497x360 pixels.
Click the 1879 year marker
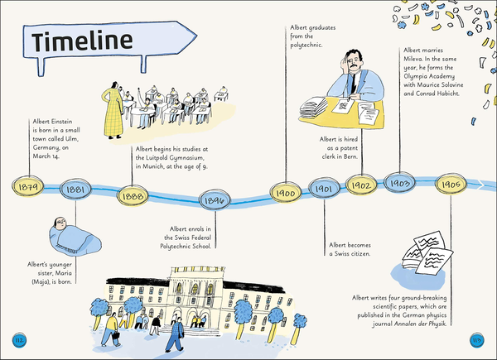(28, 186)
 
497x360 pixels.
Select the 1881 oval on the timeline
(75, 189)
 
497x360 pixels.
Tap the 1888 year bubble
(133, 196)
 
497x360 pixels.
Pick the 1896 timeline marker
(215, 199)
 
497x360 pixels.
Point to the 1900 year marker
(286, 193)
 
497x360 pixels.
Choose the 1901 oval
(324, 189)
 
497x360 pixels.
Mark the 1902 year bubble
(361, 185)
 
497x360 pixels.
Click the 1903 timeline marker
(399, 183)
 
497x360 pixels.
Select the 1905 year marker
(451, 185)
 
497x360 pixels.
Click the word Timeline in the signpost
(82, 41)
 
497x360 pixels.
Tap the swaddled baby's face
(60, 223)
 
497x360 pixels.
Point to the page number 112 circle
(19, 340)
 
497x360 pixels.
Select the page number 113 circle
(477, 340)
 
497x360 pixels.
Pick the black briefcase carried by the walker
(116, 335)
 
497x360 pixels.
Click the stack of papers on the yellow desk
(313, 107)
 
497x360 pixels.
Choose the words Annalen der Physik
(420, 324)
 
